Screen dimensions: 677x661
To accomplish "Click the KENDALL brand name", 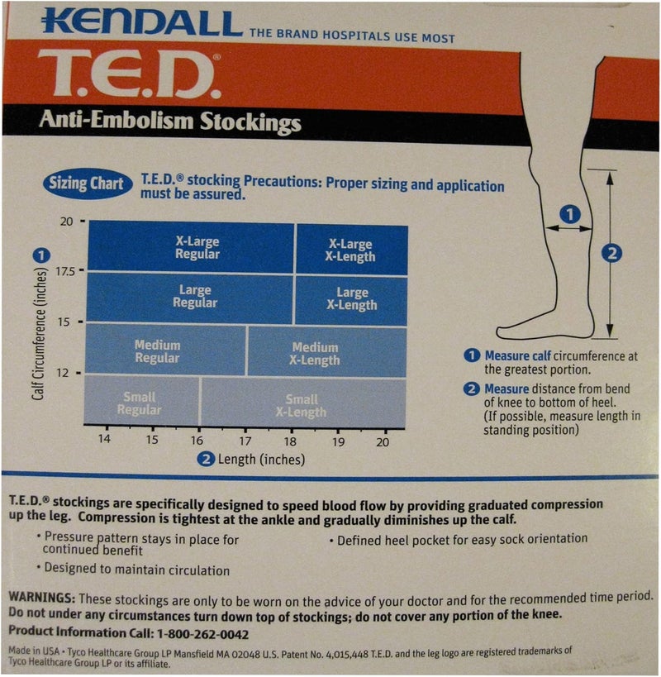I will tap(142, 21).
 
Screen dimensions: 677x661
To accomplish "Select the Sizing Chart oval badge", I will tap(88, 184).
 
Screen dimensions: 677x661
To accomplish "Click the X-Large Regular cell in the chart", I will tap(197, 248).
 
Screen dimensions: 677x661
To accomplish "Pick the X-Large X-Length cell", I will tap(351, 250).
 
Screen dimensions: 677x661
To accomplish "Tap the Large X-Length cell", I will tap(351, 298).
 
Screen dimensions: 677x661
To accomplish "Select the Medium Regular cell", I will tap(157, 351).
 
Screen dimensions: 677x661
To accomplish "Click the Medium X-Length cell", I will tap(315, 354).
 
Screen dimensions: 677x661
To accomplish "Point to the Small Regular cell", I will tap(139, 403).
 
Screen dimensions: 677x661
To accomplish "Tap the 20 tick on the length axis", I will tap(382, 442).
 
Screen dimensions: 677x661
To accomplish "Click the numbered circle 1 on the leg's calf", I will tap(569, 214).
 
